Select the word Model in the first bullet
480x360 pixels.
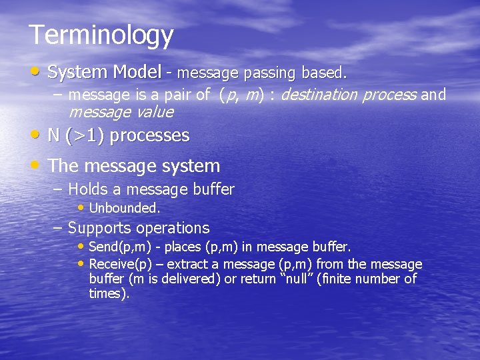[x=137, y=71]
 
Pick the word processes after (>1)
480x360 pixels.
[x=149, y=136]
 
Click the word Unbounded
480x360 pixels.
[x=124, y=208]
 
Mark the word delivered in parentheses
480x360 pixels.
[x=187, y=279]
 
